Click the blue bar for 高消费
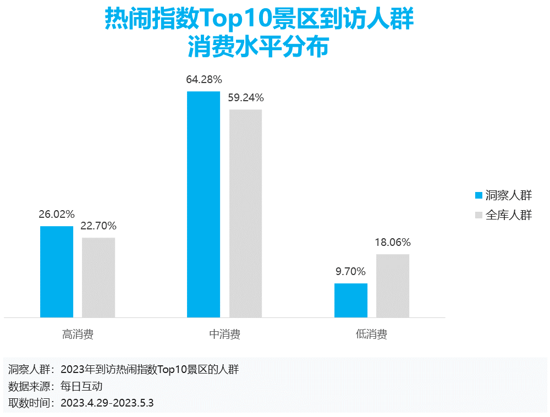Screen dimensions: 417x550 [57, 272]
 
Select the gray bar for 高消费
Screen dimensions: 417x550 [98, 277]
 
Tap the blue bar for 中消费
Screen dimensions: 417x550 [204, 204]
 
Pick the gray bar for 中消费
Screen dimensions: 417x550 [245, 213]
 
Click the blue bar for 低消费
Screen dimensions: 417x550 [351, 300]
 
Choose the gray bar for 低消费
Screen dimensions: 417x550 [393, 286]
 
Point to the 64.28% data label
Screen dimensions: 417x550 [204, 80]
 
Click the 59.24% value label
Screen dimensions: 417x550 [245, 98]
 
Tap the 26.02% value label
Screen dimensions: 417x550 [57, 215]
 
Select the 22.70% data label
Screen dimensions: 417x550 [98, 226]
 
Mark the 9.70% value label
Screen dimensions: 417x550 [351, 272]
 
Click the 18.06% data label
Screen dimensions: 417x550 [393, 243]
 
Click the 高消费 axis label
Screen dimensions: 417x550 [78, 334]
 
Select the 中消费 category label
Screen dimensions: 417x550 [224, 334]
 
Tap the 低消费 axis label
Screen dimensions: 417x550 [371, 334]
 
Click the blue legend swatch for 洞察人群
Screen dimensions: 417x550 [478, 195]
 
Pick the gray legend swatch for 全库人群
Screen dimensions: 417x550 [478, 215]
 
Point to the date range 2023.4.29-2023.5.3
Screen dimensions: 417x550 [107, 403]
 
